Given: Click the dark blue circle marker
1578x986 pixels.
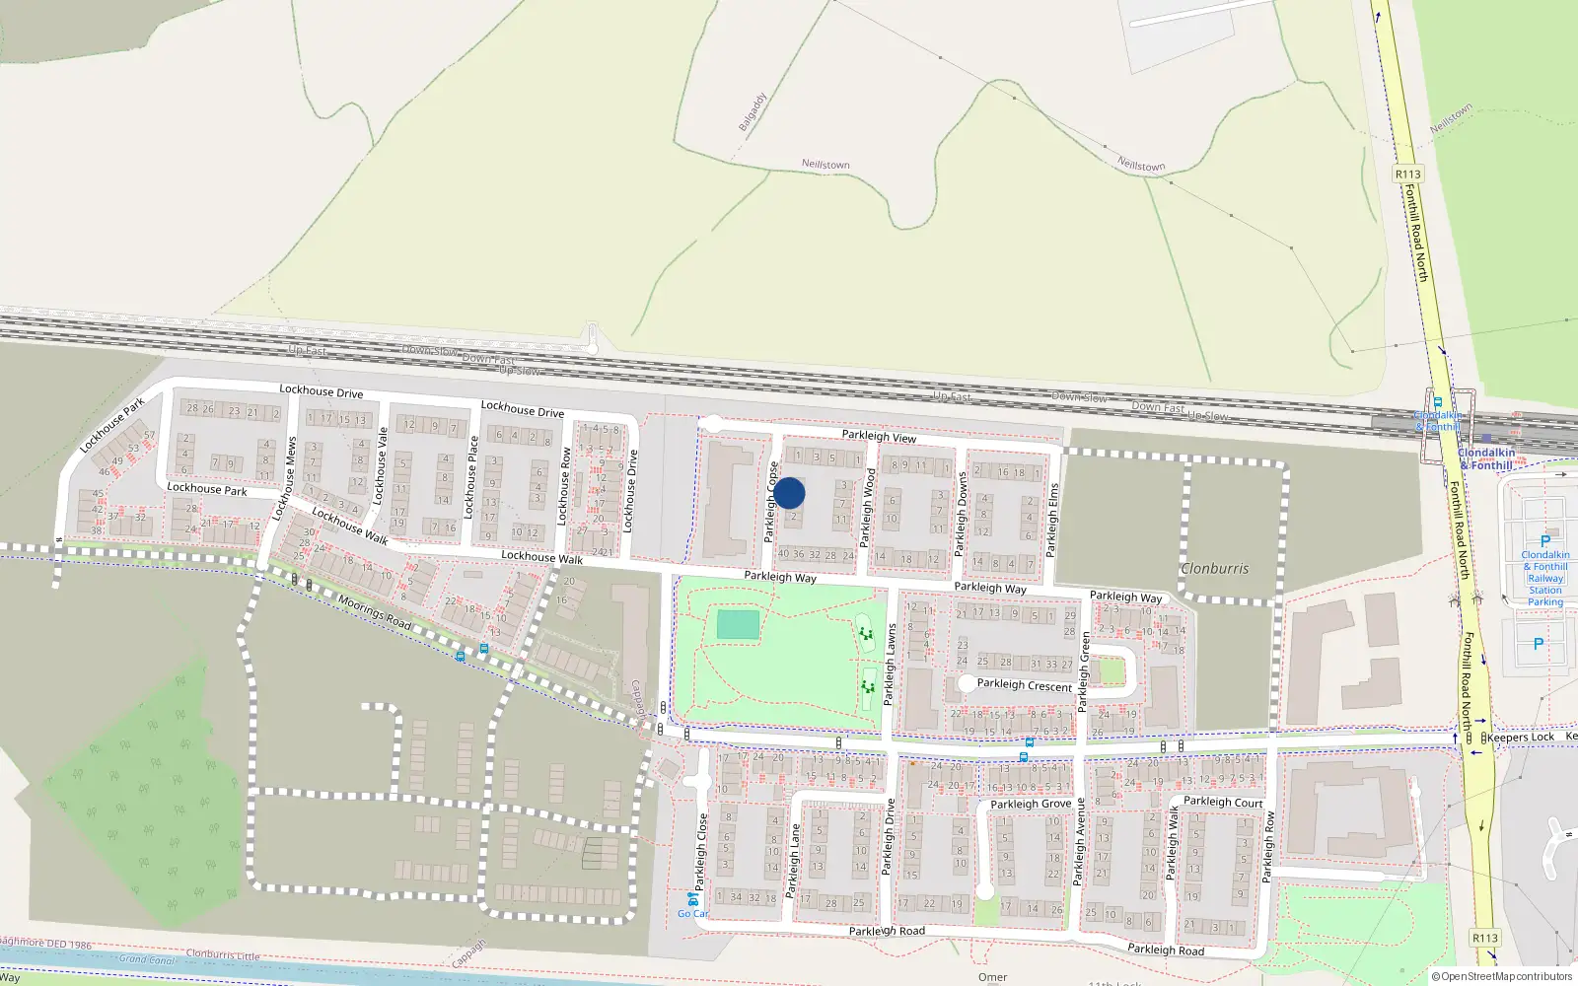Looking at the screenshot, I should pyautogui.click(x=789, y=493).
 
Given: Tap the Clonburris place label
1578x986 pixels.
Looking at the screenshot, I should pyautogui.click(x=1214, y=569).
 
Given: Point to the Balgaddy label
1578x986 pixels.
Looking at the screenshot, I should pyautogui.click(x=753, y=112).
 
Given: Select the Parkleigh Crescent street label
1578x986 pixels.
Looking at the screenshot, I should pyautogui.click(x=1024, y=685).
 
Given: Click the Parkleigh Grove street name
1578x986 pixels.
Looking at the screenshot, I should pyautogui.click(x=1030, y=805).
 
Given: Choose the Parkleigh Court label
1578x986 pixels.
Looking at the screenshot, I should pyautogui.click(x=1223, y=802).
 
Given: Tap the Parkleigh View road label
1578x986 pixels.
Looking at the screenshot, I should pyautogui.click(x=879, y=436).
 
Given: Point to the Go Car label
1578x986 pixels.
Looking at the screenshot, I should pyautogui.click(x=692, y=913).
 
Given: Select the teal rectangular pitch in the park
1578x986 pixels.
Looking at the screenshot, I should pyautogui.click(x=738, y=624).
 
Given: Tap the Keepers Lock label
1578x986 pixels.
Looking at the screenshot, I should pyautogui.click(x=1520, y=738).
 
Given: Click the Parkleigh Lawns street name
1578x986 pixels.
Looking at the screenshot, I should pyautogui.click(x=891, y=664).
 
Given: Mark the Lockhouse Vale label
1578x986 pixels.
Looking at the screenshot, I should pyautogui.click(x=381, y=466).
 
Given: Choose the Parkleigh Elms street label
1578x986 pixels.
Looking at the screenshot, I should pyautogui.click(x=1053, y=519).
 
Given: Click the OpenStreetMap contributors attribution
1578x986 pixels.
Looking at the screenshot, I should pyautogui.click(x=1503, y=977).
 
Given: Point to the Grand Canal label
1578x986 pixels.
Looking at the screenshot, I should pyautogui.click(x=146, y=959).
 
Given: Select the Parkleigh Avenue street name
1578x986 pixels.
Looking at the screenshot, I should pyautogui.click(x=1080, y=840).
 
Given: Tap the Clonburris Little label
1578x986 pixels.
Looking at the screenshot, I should pyautogui.click(x=223, y=954).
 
